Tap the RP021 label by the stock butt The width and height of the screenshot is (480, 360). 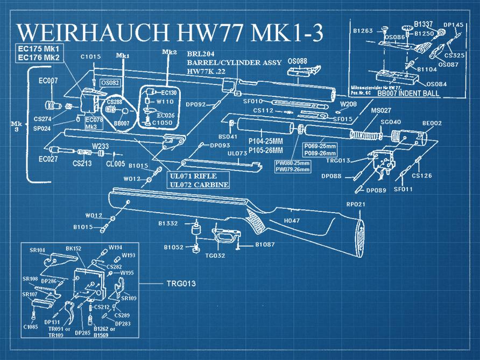[356, 204]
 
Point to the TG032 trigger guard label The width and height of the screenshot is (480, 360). [215, 256]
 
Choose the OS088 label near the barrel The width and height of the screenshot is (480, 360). [298, 61]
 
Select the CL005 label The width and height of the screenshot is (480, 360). [116, 164]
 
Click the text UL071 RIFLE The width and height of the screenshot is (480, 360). [196, 177]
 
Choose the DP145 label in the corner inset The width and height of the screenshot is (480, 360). [453, 25]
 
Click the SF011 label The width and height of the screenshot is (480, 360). [402, 189]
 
